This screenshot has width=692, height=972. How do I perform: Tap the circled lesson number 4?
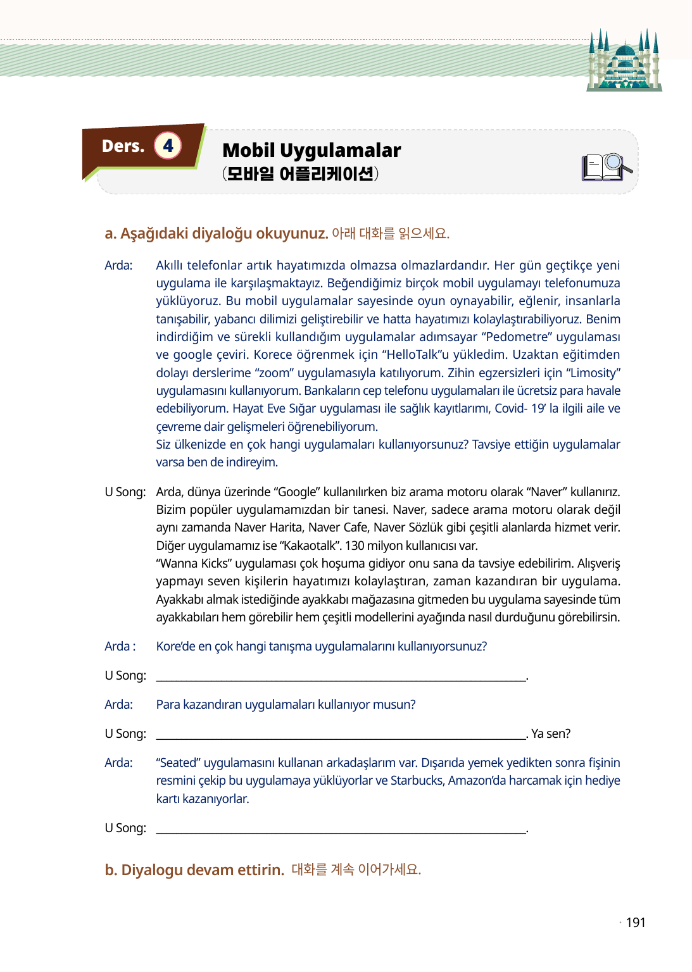pyautogui.click(x=168, y=146)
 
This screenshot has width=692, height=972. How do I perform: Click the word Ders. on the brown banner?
pyautogui.click(x=123, y=146)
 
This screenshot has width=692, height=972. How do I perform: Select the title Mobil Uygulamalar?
pyautogui.click(x=311, y=151)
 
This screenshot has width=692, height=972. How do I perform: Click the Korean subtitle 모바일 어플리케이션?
pyautogui.click(x=300, y=173)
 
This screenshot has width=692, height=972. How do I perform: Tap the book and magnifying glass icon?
pyautogui.click(x=606, y=168)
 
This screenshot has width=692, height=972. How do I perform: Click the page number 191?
pyautogui.click(x=635, y=923)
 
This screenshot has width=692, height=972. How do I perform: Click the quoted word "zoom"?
pyautogui.click(x=274, y=373)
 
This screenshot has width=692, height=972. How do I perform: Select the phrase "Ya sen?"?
pyautogui.click(x=550, y=733)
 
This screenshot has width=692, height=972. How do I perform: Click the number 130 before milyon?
pyautogui.click(x=355, y=545)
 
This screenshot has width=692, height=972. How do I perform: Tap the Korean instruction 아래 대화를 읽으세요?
pyautogui.click(x=390, y=234)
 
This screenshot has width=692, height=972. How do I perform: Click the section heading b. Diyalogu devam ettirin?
pyautogui.click(x=194, y=870)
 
